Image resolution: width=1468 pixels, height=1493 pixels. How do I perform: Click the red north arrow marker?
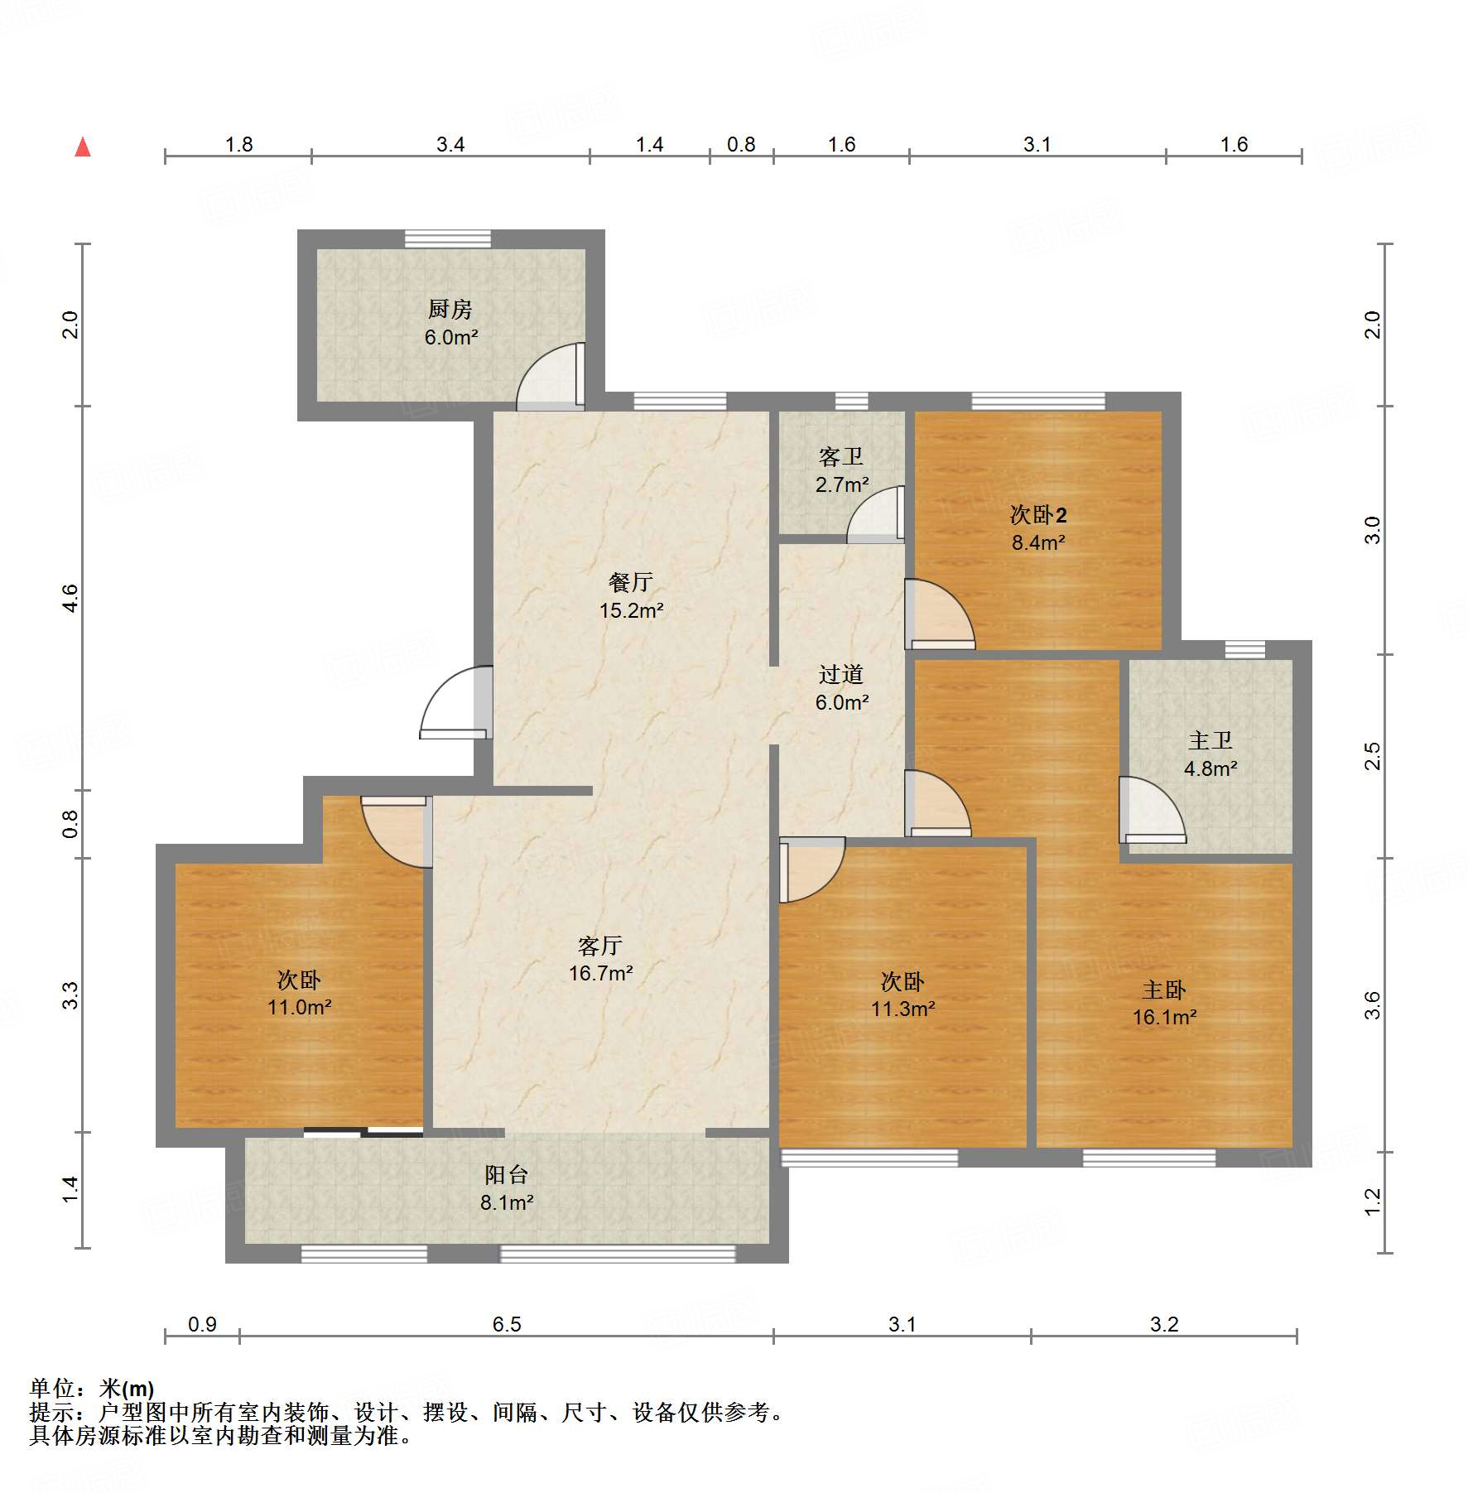(x=83, y=147)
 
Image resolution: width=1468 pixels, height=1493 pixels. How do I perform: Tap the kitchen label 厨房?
(x=450, y=309)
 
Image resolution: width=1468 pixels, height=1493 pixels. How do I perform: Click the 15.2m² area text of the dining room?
(x=632, y=611)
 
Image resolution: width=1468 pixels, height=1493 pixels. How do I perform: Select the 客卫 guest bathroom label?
(x=841, y=456)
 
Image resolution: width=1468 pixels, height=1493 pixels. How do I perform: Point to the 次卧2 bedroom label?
(x=1038, y=515)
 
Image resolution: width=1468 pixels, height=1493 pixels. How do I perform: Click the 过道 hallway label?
(x=841, y=674)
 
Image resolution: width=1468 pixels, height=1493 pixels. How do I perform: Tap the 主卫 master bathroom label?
(x=1210, y=740)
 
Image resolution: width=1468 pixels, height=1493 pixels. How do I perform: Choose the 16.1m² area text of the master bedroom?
(x=1164, y=1018)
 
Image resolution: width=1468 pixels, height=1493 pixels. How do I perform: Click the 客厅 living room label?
(x=600, y=945)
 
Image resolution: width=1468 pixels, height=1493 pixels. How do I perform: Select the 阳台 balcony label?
(x=506, y=1174)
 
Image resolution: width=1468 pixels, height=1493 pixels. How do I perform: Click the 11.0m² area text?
(x=299, y=1008)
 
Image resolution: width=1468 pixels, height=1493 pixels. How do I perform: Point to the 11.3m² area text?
(x=902, y=1009)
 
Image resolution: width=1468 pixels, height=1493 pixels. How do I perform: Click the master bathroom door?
(x=1151, y=812)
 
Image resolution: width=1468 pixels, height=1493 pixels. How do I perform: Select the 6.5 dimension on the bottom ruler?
(x=507, y=1324)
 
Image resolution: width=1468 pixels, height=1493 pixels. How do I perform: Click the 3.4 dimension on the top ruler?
(x=450, y=145)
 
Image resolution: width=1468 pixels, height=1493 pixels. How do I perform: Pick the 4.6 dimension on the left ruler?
(x=71, y=598)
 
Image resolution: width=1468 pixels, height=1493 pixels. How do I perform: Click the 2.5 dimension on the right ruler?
(x=1373, y=756)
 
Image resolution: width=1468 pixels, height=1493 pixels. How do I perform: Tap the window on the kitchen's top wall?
(x=447, y=238)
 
